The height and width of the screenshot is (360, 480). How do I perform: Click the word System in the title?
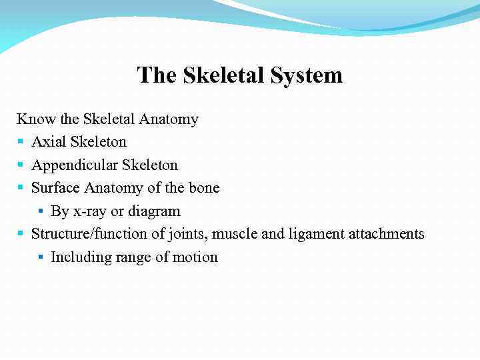click(x=307, y=75)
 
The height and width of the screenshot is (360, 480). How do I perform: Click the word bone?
click(x=204, y=188)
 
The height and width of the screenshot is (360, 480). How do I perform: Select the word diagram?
click(x=154, y=212)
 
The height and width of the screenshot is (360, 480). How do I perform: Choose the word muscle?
click(x=256, y=234)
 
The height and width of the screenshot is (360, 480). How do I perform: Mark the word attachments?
click(x=392, y=234)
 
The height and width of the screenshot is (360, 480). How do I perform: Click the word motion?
click(x=197, y=257)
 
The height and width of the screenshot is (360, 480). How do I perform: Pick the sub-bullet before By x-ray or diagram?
click(x=41, y=211)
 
